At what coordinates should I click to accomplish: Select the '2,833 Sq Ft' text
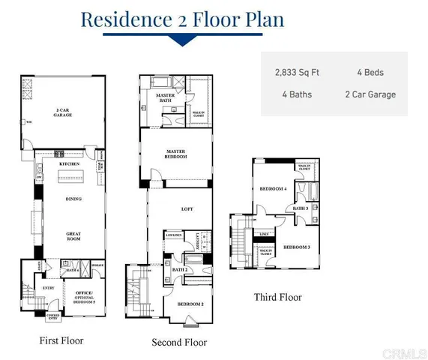(297, 73)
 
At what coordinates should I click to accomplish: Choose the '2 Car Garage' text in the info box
(370, 94)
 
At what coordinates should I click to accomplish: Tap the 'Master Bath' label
(166, 100)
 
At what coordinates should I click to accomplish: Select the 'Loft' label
(187, 211)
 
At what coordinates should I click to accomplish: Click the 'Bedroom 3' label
(297, 247)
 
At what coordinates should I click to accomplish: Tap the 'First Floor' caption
(61, 340)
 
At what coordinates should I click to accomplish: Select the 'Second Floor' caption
(179, 343)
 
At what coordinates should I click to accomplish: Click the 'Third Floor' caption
(277, 297)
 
